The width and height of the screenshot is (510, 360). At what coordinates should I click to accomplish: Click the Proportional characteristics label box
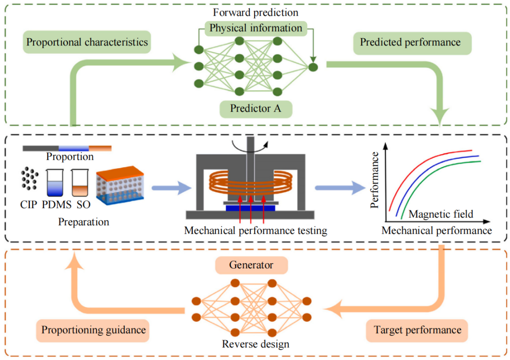(x=87, y=42)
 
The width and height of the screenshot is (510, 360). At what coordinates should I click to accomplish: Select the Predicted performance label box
(x=410, y=42)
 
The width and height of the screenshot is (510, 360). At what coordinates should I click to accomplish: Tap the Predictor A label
(x=255, y=109)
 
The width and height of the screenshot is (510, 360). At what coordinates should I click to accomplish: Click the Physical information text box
(x=256, y=28)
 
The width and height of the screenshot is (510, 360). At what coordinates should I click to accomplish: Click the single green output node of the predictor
(x=313, y=67)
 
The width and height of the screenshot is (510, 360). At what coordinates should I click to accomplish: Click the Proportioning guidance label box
(x=93, y=329)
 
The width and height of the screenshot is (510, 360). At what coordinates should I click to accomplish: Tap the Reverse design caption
(x=255, y=343)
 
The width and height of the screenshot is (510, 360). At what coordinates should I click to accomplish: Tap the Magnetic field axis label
(x=440, y=214)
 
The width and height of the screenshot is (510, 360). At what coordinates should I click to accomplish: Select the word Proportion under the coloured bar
(x=69, y=156)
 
